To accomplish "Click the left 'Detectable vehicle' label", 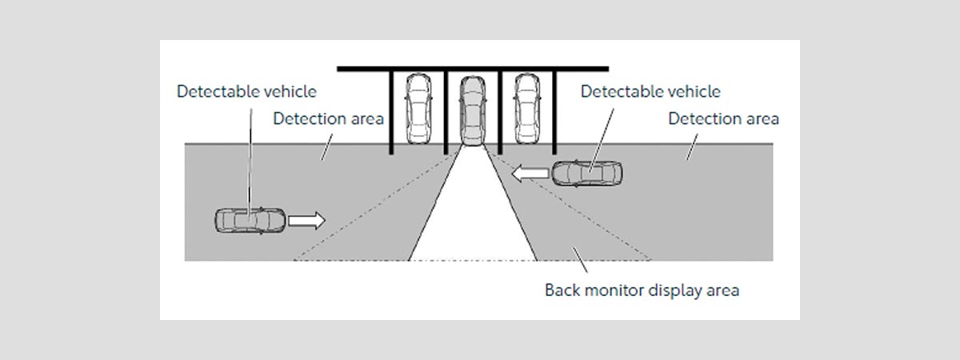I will tap(246, 92).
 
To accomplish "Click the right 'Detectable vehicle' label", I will tap(650, 92).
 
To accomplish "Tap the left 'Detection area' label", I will tap(328, 119).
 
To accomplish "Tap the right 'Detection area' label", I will tap(723, 119).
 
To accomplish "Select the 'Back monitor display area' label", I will tap(642, 290).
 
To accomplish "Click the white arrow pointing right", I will tap(307, 220).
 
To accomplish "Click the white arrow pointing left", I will tap(530, 172).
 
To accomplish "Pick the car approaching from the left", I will tap(250, 220).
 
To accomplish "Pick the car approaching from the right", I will tap(587, 173).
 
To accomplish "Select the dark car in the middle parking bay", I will tap(472, 111).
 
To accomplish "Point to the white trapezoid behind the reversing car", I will tap(472, 216).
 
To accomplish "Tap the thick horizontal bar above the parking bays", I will tap(472, 70).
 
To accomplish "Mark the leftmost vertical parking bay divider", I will tap(391, 112).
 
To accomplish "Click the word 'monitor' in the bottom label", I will tap(614, 290).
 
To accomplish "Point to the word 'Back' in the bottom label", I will tap(562, 290).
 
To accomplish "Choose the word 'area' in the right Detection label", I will tap(760, 119).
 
